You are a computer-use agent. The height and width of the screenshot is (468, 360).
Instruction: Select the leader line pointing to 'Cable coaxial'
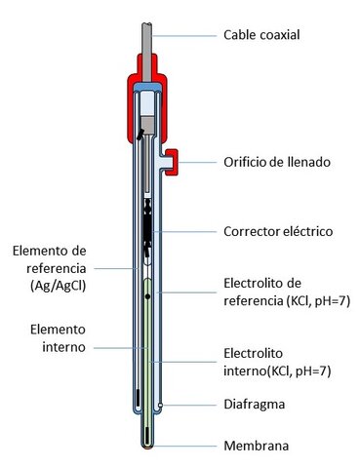185,35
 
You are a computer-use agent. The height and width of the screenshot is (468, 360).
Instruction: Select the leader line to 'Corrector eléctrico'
195,231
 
